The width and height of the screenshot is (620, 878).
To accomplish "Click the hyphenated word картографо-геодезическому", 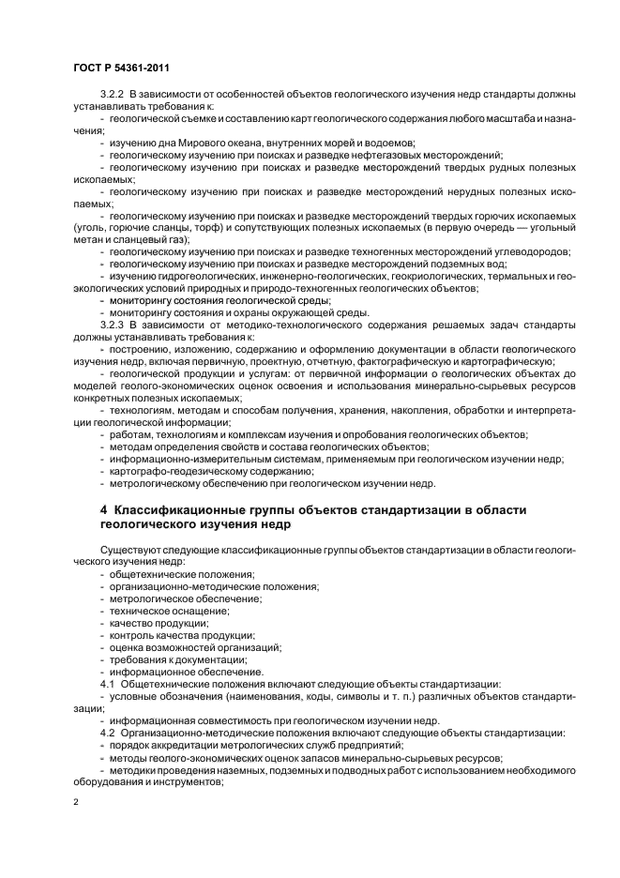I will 174,472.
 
